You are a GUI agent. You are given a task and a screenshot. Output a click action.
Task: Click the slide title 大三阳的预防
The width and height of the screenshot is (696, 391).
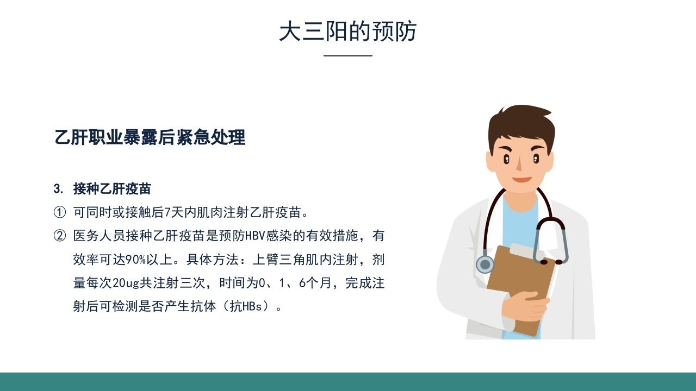point(348,31)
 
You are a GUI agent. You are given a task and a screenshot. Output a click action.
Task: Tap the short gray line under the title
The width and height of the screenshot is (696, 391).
point(348,55)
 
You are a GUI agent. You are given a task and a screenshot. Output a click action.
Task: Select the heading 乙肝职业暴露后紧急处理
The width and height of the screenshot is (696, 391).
point(150,137)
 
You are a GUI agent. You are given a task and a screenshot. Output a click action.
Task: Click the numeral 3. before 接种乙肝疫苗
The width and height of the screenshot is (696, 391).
point(59,189)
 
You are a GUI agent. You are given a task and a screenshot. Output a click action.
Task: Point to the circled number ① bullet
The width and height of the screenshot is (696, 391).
point(59,211)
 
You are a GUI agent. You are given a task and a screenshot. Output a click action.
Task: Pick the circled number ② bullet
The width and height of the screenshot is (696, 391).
point(59,236)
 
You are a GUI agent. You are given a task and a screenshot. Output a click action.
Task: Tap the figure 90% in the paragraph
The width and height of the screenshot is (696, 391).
point(135,260)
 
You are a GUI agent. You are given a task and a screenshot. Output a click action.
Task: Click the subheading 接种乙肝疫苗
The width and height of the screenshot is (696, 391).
point(112,189)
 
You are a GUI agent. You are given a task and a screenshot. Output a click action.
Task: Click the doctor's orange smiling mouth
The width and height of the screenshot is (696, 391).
point(521,179)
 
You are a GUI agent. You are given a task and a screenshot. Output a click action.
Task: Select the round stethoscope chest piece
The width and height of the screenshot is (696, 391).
point(485,264)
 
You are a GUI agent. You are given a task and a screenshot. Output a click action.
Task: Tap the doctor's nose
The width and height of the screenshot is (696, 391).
point(519,164)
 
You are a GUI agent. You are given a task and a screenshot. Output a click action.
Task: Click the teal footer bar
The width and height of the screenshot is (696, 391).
point(348,381)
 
